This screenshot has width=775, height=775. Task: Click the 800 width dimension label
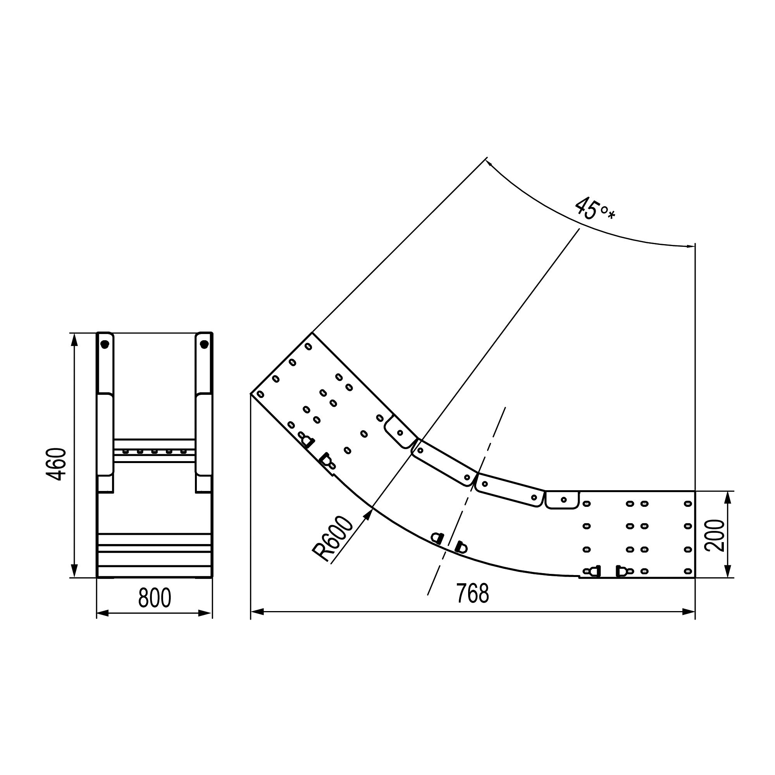click(155, 598)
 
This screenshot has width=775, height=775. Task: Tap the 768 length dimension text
click(473, 594)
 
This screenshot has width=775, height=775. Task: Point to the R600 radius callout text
click(332, 539)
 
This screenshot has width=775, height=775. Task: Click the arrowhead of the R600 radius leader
click(367, 515)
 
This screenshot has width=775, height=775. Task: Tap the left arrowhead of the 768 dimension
click(257, 612)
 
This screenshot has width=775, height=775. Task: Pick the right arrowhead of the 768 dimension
click(688, 612)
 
